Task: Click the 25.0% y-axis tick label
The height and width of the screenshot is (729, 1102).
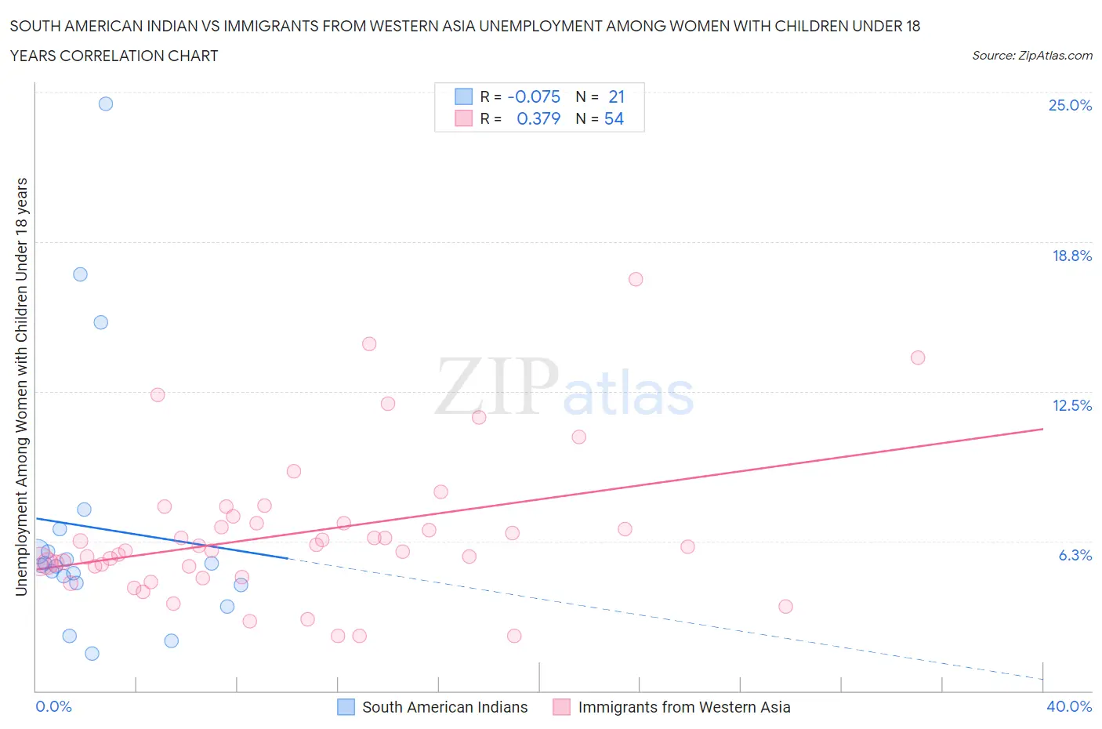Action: (1070, 105)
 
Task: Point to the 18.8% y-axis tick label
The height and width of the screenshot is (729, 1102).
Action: (1071, 256)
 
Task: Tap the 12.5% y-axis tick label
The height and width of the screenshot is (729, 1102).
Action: (1071, 405)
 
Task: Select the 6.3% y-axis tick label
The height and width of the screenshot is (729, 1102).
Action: (1075, 555)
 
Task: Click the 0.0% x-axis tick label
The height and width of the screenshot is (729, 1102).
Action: (53, 706)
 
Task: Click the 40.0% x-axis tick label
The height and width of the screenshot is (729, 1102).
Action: (1069, 706)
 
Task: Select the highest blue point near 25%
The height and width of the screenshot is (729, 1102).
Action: (106, 103)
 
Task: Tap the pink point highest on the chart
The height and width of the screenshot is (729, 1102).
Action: (636, 279)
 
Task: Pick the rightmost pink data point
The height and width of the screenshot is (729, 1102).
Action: (918, 357)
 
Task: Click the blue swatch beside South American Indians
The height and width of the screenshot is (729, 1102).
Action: (346, 707)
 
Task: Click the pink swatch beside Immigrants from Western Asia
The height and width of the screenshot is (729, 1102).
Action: (561, 707)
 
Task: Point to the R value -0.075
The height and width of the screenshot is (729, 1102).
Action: (534, 96)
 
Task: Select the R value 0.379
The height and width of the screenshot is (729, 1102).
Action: (538, 118)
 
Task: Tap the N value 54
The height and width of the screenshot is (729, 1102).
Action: (614, 118)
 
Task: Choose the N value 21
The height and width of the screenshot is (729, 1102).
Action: (616, 96)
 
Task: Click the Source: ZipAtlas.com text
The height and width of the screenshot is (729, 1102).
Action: (1031, 55)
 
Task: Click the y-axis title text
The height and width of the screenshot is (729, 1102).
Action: (21, 386)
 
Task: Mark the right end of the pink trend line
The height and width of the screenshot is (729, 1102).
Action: (1042, 429)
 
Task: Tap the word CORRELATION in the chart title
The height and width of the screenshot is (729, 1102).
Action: (113, 56)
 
